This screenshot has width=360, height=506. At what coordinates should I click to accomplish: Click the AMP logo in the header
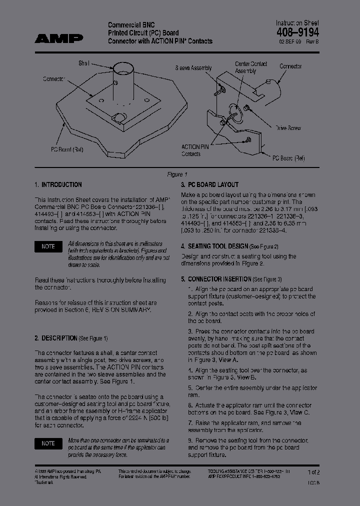(59, 38)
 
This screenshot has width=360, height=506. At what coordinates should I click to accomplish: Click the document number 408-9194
(297, 32)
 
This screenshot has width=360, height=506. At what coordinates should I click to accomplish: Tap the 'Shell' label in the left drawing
(83, 63)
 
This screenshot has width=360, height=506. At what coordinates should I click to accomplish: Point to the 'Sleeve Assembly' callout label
(193, 68)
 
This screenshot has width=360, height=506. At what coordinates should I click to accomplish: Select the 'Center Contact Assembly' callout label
(251, 67)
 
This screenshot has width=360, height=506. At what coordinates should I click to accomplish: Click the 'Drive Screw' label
(288, 128)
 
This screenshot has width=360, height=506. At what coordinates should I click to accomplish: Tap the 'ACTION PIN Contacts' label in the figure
(194, 150)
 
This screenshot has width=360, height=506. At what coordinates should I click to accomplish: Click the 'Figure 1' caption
(177, 174)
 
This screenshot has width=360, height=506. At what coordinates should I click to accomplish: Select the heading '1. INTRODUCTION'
(58, 184)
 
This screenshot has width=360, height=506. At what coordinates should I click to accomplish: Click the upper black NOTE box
(48, 246)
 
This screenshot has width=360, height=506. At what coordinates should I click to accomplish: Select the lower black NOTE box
(48, 443)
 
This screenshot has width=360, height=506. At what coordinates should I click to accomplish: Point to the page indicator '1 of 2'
(313, 472)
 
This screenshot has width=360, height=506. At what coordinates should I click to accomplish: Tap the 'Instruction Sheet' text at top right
(297, 23)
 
